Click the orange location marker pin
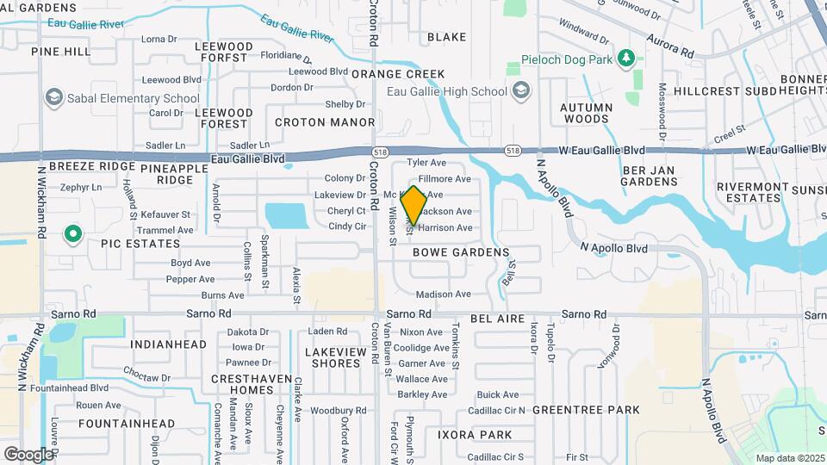[413, 206]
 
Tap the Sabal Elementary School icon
[55, 98]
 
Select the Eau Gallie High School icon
[520, 91]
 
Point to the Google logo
[28, 454]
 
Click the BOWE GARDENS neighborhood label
[460, 253]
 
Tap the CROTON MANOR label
[325, 123]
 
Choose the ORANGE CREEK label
[398, 74]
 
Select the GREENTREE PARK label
[586, 410]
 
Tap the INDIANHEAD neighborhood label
[169, 344]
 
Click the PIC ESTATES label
[128, 245]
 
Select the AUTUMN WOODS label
[586, 113]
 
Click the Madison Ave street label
[444, 294]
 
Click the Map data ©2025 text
[790, 458]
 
